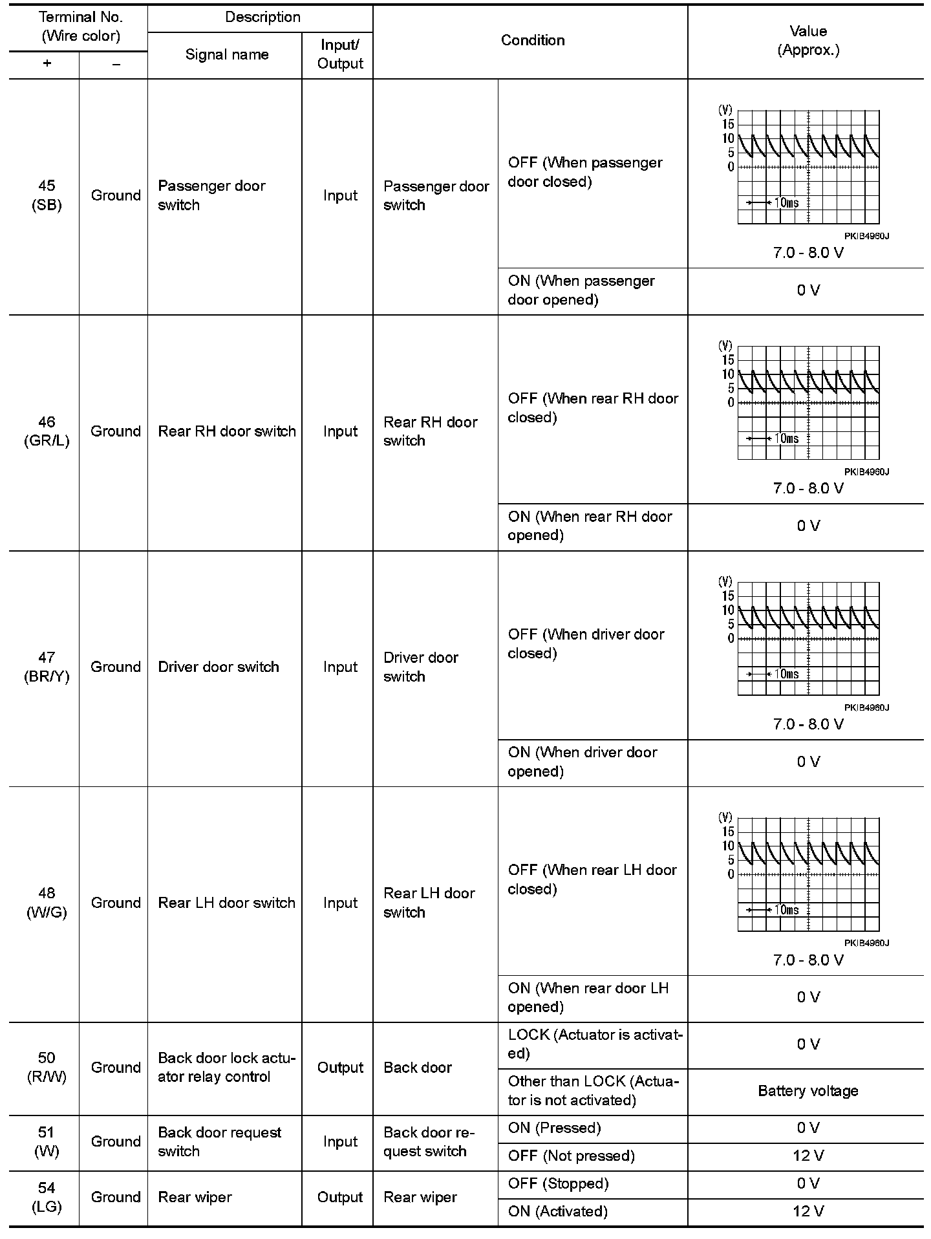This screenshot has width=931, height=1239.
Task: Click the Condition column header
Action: (532, 41)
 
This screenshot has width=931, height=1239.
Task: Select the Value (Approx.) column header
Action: (808, 41)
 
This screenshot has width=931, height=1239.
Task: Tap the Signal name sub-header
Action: (226, 55)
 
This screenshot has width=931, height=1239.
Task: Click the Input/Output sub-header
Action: (340, 55)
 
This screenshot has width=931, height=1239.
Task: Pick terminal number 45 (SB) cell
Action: (47, 195)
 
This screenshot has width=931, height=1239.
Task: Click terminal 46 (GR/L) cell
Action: (47, 431)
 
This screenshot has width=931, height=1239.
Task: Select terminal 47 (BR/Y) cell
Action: (47, 667)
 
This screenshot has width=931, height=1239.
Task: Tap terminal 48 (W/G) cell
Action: (47, 903)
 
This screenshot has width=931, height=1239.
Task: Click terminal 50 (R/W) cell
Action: (47, 1068)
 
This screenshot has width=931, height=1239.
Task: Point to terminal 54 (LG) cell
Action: (47, 1197)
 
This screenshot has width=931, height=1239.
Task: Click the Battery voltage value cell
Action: (808, 1091)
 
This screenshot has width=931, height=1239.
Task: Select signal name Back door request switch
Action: (220, 1141)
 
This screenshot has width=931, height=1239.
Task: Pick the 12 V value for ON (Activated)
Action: (808, 1211)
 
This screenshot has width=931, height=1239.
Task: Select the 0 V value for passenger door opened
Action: (808, 290)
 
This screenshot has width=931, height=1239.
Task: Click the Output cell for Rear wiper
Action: (340, 1197)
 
